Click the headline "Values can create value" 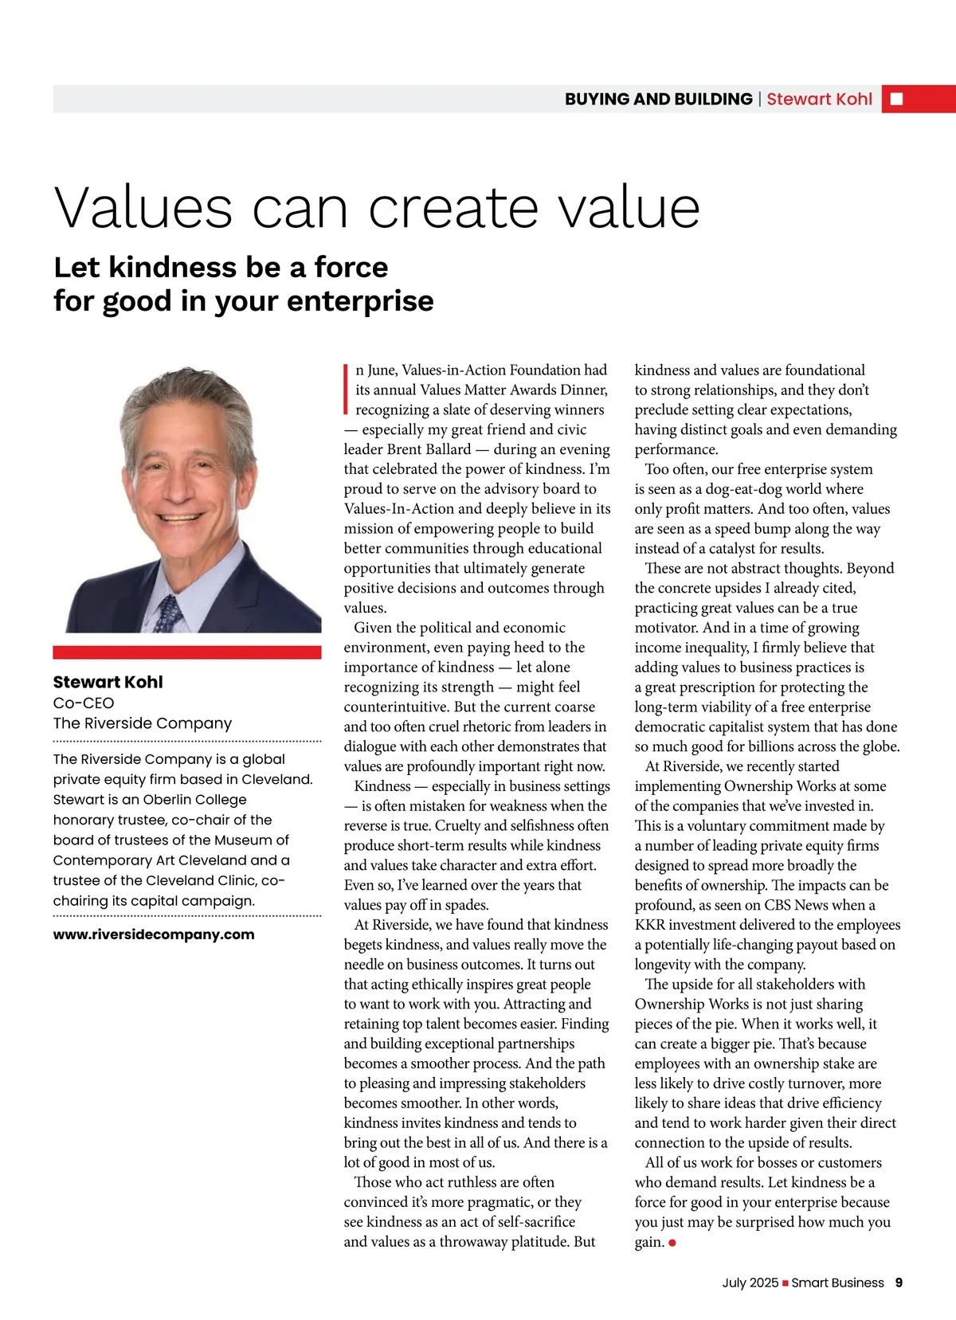click(377, 208)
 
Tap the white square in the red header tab click(896, 99)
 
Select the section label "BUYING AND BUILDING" click(658, 99)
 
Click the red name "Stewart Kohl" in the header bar click(819, 99)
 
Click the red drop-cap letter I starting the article click(347, 389)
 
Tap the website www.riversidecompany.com click(154, 934)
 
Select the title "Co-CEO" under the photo click(84, 703)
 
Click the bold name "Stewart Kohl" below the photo click(108, 682)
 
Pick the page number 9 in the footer click(899, 1283)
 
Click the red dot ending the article click(672, 1243)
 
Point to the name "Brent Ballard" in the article click(429, 449)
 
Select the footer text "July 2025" click(750, 1283)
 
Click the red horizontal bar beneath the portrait click(187, 652)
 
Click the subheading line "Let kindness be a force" click(221, 267)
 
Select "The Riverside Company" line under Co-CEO click(143, 723)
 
